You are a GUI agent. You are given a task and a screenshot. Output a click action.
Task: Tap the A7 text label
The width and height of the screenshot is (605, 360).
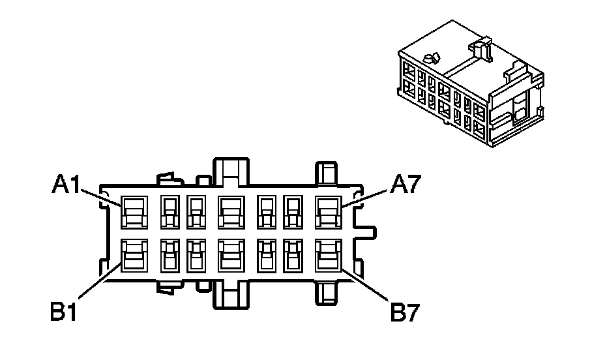(x=405, y=187)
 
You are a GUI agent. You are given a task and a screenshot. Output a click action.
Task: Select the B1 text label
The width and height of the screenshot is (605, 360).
(x=65, y=312)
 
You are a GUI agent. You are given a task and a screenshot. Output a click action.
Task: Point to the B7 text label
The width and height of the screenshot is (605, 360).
(x=405, y=312)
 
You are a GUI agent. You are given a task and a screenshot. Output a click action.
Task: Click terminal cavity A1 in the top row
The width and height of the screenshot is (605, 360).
(x=134, y=212)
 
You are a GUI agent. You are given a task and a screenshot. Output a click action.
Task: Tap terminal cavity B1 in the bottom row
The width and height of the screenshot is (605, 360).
(x=134, y=255)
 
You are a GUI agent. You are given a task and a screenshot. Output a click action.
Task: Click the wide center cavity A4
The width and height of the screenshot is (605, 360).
(x=230, y=212)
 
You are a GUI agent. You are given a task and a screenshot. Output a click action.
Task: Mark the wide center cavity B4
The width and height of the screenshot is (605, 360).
(x=230, y=255)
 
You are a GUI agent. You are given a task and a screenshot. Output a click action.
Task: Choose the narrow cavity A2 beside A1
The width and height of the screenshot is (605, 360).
(x=170, y=212)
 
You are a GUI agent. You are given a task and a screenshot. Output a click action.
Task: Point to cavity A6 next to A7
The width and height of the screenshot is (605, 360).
(x=293, y=212)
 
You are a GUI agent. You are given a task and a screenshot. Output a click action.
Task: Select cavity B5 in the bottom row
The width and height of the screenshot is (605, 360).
(x=267, y=255)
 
